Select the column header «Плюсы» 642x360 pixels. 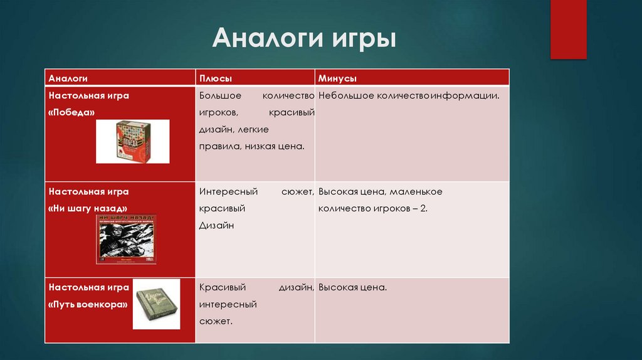(x=216, y=78)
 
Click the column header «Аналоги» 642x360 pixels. (x=68, y=78)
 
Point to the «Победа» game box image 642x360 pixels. (x=132, y=141)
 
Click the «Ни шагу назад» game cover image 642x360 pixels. (x=126, y=238)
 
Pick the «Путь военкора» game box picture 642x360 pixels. (x=156, y=304)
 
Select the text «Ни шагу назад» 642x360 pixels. (x=88, y=208)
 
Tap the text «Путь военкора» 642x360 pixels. (x=88, y=304)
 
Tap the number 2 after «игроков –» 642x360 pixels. (x=424, y=208)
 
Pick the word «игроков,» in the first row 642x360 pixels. (x=218, y=113)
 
